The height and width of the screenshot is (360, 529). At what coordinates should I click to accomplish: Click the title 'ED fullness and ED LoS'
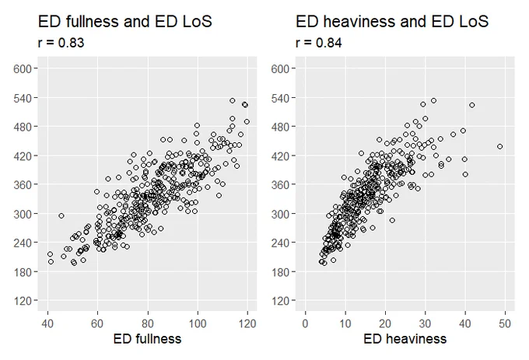[124, 22]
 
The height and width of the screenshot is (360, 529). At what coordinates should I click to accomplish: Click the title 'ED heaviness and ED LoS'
[392, 22]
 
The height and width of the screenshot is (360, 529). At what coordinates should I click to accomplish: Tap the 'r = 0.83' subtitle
[61, 43]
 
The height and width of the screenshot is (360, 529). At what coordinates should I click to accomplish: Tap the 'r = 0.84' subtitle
[319, 43]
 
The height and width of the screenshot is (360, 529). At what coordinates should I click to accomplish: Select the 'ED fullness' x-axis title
[148, 339]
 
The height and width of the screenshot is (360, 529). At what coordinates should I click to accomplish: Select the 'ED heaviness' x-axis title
[405, 339]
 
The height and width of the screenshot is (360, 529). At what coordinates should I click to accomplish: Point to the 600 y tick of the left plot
[23, 68]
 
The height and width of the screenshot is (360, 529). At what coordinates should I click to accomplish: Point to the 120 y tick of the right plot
[280, 301]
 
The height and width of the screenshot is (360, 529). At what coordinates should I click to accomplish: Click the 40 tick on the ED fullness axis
[47, 323]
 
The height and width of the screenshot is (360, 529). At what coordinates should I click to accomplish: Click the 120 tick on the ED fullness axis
[247, 323]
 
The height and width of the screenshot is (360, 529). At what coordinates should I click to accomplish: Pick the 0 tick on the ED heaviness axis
[305, 323]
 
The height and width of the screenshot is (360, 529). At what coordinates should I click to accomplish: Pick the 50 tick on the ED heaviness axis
[505, 323]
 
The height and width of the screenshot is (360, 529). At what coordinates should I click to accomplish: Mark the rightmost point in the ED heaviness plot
[500, 147]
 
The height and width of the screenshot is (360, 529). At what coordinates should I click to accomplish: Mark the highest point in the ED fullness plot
[233, 100]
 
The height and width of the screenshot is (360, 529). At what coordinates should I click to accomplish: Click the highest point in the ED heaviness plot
[434, 100]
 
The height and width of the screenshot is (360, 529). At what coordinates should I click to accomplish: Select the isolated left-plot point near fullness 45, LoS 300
[61, 215]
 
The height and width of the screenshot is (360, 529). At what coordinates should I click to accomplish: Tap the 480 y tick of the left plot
[23, 127]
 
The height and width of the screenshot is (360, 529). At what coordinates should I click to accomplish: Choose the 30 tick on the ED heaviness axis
[425, 323]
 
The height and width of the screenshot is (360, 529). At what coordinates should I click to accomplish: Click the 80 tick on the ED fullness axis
[148, 323]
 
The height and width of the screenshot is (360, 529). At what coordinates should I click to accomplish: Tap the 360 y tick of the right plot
[280, 185]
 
